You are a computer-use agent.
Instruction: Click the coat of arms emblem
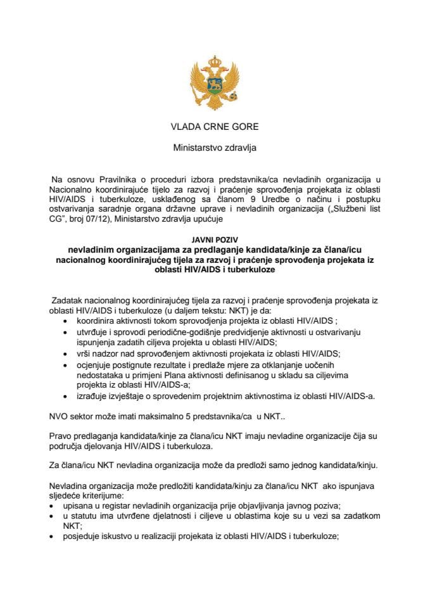point(215,80)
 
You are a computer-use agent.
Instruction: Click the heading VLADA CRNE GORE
point(215,127)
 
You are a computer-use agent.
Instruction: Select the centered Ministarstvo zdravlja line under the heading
point(215,150)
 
